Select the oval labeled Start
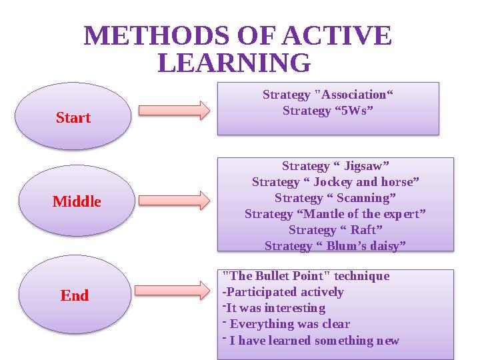[x=73, y=117]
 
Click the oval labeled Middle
[x=77, y=201]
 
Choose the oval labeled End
[x=75, y=295]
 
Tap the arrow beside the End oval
[x=172, y=290]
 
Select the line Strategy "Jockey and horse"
[x=335, y=181]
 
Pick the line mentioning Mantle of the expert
[x=335, y=214]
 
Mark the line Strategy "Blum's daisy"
[x=335, y=246]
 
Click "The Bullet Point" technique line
[x=305, y=276]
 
